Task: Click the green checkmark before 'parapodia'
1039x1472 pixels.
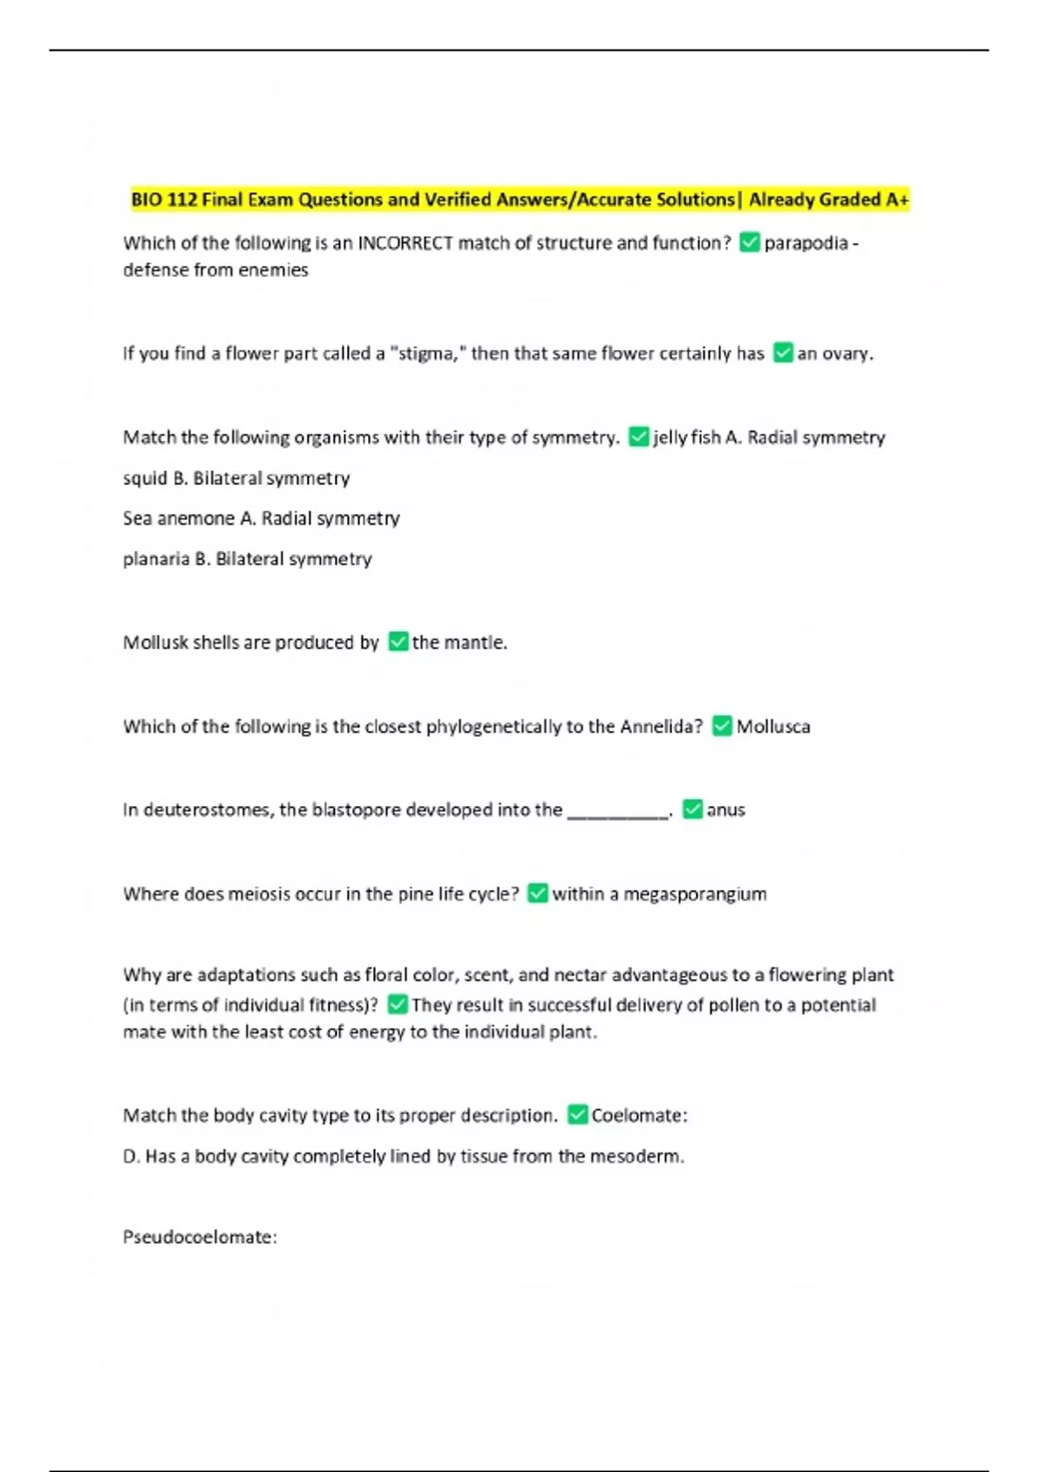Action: coord(750,243)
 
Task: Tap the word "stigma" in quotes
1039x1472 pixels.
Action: coord(425,353)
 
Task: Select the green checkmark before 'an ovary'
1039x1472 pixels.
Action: coord(783,353)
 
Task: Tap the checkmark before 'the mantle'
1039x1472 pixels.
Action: coord(398,642)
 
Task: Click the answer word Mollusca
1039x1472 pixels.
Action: coord(773,726)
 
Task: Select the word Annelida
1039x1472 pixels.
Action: coord(661,726)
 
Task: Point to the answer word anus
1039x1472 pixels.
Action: coord(726,810)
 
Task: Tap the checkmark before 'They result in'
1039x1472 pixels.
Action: coord(398,1005)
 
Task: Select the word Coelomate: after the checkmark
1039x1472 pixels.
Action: coord(639,1115)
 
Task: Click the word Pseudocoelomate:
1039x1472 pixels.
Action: coord(200,1237)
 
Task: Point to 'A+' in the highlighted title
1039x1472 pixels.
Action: coord(896,200)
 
